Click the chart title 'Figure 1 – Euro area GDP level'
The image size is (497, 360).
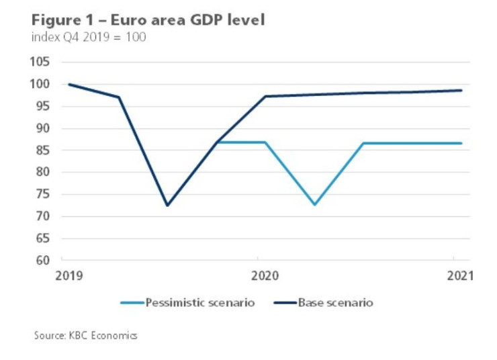click(x=148, y=19)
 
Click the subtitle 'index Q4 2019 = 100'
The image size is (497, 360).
click(x=89, y=36)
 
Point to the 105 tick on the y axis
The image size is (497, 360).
click(x=41, y=62)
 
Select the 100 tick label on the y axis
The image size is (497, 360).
click(x=41, y=85)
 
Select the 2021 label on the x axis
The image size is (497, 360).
click(x=460, y=275)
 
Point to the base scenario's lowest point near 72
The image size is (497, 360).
click(x=167, y=205)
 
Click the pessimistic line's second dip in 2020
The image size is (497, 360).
click(x=314, y=204)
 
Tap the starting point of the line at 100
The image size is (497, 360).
click(x=69, y=85)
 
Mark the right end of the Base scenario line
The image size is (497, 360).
click(x=461, y=90)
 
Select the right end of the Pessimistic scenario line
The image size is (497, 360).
click(x=461, y=143)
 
